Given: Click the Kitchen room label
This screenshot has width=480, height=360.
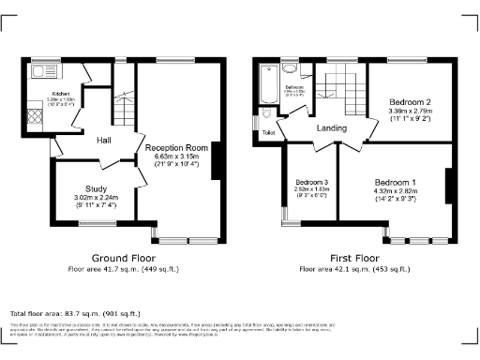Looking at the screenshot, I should (x=61, y=94).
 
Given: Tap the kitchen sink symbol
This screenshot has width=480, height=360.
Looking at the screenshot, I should (x=43, y=70).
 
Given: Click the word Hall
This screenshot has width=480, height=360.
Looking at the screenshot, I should (x=104, y=141).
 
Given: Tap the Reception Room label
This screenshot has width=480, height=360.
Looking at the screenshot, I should (x=176, y=148).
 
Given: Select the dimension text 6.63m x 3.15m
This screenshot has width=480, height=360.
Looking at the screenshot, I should (x=176, y=157).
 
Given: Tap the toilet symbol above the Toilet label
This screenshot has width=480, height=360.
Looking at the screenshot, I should (x=268, y=113).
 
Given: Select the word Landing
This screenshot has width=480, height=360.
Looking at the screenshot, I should (x=332, y=128).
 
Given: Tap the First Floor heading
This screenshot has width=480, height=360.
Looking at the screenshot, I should (x=354, y=258).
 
